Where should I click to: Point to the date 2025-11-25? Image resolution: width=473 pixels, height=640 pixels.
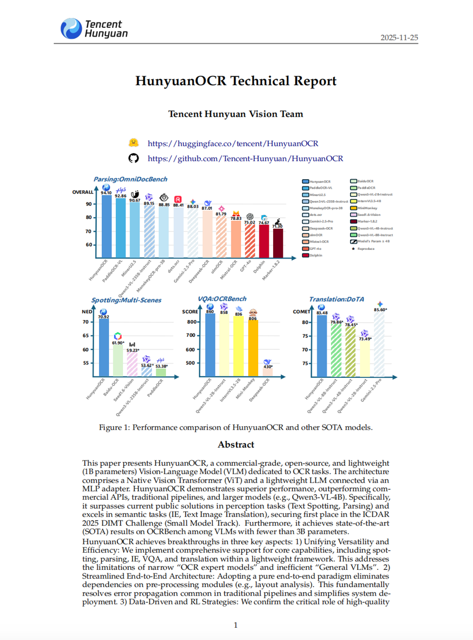point(399,37)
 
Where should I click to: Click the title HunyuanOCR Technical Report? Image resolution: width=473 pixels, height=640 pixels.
point(236,81)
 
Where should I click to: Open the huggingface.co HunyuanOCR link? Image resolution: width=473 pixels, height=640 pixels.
point(233,143)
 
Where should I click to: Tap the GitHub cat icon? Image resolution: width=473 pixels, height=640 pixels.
point(133,158)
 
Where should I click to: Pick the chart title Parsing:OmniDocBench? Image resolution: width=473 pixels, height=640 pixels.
point(130,179)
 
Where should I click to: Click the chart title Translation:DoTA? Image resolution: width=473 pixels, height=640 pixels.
point(337,299)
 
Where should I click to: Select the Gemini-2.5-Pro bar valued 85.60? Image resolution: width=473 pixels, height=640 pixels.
point(380,345)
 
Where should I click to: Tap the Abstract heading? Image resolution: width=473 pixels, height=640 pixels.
point(236,444)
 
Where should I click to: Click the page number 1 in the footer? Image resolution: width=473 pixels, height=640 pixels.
point(236,625)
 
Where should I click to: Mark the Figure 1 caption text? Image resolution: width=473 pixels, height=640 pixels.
point(235,427)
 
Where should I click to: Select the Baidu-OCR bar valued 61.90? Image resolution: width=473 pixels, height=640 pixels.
point(117,362)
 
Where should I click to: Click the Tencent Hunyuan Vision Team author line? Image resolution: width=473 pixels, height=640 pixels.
point(236,114)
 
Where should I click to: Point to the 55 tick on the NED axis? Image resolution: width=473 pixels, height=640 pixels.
point(86,363)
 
